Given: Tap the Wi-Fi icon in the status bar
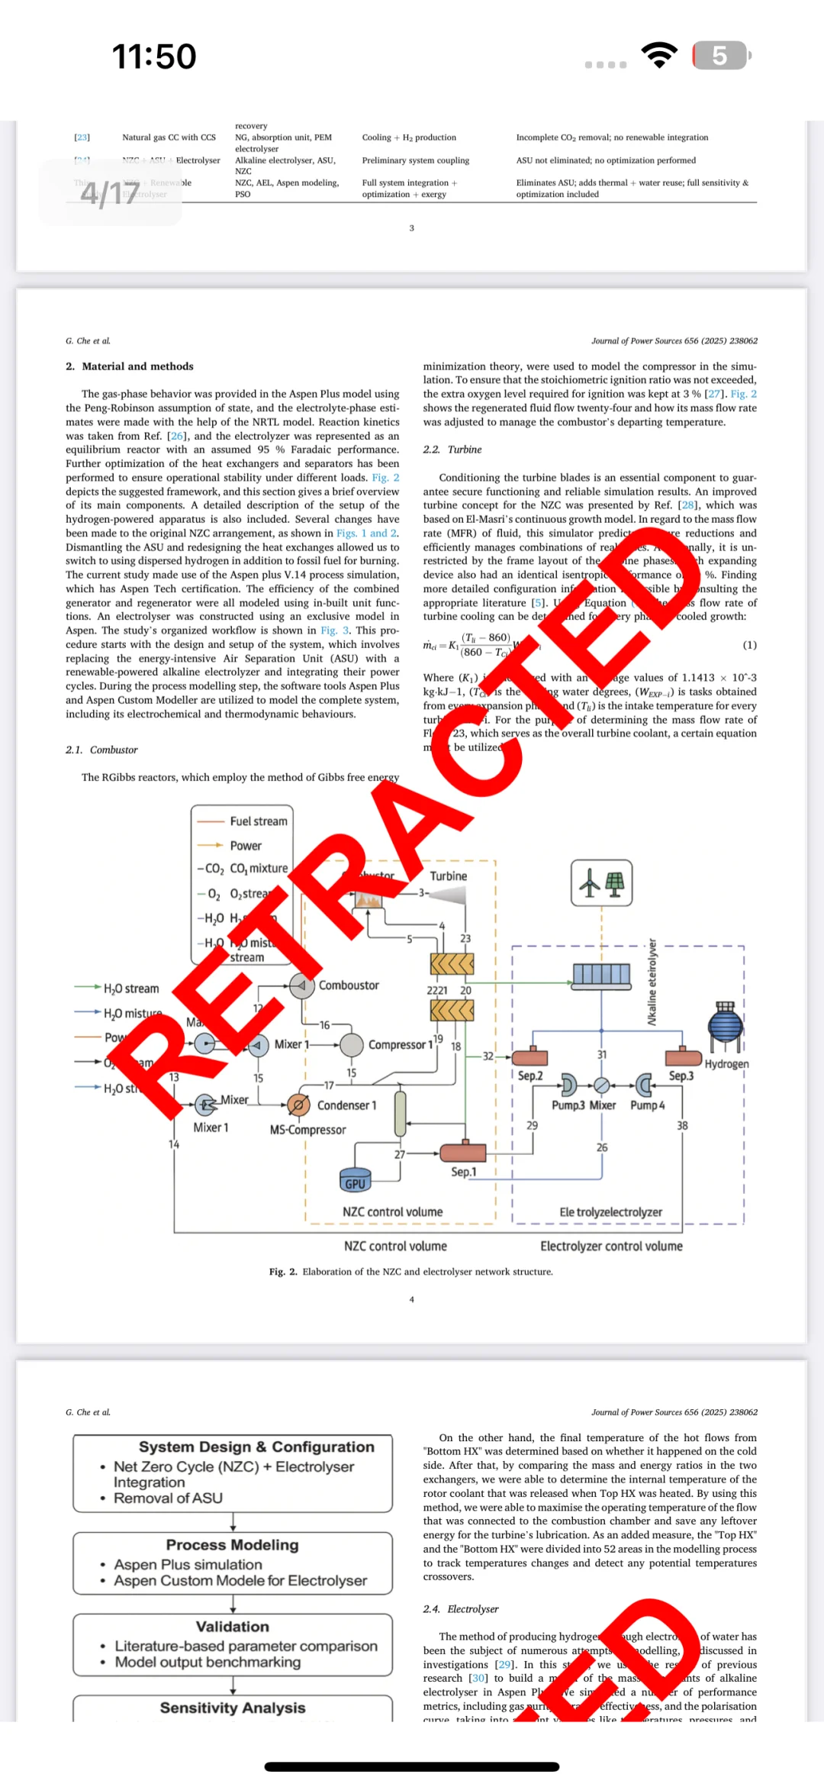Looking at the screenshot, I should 659,55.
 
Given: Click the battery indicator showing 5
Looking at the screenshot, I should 721,56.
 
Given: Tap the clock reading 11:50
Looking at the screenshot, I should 154,56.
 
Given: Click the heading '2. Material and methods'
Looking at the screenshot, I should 130,366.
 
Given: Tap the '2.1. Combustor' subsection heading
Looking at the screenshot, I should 101,750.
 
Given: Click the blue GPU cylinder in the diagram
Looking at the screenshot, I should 355,1180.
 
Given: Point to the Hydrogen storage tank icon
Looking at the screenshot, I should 725,1027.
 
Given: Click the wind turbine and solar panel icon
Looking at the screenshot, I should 601,883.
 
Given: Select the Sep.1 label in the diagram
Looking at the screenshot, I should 463,1172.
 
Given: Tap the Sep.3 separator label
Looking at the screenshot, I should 681,1076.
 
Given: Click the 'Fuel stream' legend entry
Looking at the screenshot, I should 258,821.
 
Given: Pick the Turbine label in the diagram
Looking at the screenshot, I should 448,876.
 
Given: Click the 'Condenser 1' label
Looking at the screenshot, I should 346,1105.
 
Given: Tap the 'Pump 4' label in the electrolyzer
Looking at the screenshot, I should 647,1105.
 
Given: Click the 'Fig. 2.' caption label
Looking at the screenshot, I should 283,1272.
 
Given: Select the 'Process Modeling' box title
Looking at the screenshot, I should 232,1545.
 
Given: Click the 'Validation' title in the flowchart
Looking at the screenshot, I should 232,1627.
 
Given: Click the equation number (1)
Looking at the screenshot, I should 749,645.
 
